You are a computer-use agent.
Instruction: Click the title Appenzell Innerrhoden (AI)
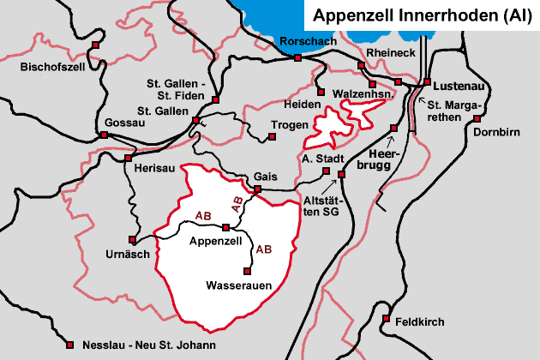(423, 15)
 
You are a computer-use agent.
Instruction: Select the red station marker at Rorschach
(297, 58)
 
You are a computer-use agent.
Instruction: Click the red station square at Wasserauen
(248, 271)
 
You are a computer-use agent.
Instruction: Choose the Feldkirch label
(420, 321)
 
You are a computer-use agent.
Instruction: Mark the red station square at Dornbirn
(477, 121)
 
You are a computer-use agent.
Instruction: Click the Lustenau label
(459, 86)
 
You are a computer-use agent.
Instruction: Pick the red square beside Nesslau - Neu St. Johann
(70, 345)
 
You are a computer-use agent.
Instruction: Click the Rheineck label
(390, 52)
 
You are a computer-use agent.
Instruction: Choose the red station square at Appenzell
(225, 227)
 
